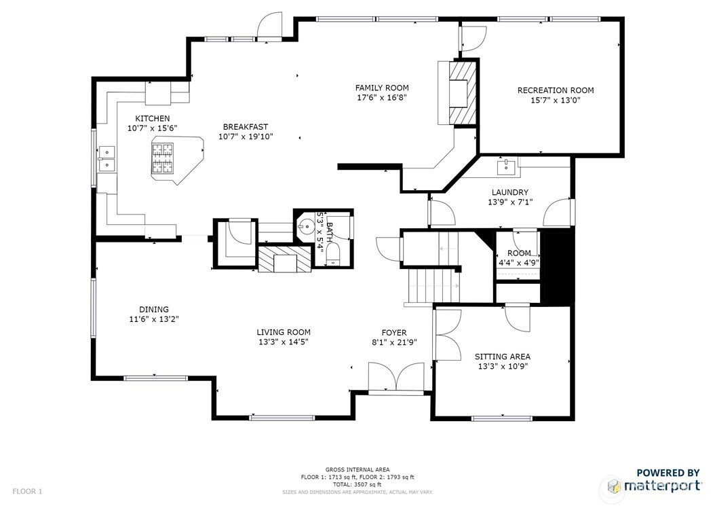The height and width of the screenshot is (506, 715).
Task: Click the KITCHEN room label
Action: pos(153,119)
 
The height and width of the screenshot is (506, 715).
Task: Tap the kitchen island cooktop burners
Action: pos(163,158)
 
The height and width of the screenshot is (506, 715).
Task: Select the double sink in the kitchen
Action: pos(107,158)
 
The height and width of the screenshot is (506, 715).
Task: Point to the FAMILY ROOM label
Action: pos(382,88)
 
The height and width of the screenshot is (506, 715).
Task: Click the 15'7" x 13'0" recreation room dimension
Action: pos(556,100)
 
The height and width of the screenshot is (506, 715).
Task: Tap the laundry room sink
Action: pos(506,166)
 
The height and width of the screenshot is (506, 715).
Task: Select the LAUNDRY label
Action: pos(510,192)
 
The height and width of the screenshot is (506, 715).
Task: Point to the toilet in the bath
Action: pos(333,253)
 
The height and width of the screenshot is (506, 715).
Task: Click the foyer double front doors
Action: pos(397,378)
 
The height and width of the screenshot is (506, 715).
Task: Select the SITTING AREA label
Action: pos(503,357)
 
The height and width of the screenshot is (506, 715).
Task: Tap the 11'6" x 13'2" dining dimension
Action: pos(154,319)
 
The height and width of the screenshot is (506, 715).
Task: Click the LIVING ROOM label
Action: pos(283,332)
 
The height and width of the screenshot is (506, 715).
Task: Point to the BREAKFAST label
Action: pos(246,126)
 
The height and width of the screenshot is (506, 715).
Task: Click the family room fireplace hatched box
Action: pos(462,92)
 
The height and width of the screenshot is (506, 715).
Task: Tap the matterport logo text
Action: pos(662,485)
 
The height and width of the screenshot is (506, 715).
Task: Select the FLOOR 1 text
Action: pos(27,491)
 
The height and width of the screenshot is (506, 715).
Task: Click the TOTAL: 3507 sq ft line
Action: pos(357,484)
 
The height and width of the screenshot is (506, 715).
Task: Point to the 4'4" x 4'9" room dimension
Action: pos(519,263)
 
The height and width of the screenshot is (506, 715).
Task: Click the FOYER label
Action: pos(394,332)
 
